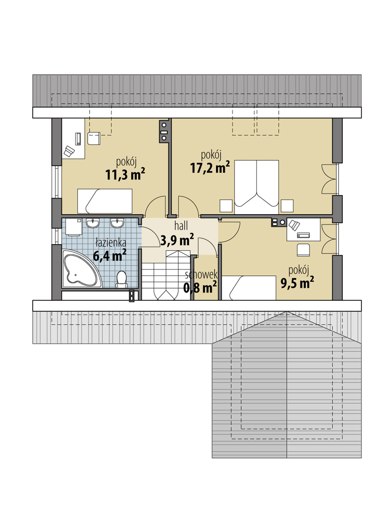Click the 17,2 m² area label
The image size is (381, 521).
click(210, 167)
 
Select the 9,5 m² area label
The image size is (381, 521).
click(297, 283)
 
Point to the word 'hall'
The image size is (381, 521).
click(181, 226)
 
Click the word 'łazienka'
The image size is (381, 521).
click(111, 243)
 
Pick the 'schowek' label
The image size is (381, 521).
click(201, 275)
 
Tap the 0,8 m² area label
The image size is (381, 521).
click(200, 287)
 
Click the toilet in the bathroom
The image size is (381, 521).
click(121, 279)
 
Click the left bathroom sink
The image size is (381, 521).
click(93, 223)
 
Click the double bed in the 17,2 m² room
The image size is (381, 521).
click(257, 187)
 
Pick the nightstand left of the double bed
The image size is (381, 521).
click(226, 206)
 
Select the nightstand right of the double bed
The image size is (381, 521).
click(287, 206)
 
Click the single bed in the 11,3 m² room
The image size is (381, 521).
click(105, 201)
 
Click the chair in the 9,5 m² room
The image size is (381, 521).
click(303, 250)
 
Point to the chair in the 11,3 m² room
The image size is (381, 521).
click(94, 138)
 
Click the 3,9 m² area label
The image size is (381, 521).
click(177, 240)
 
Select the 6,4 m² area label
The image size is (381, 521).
click(109, 255)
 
